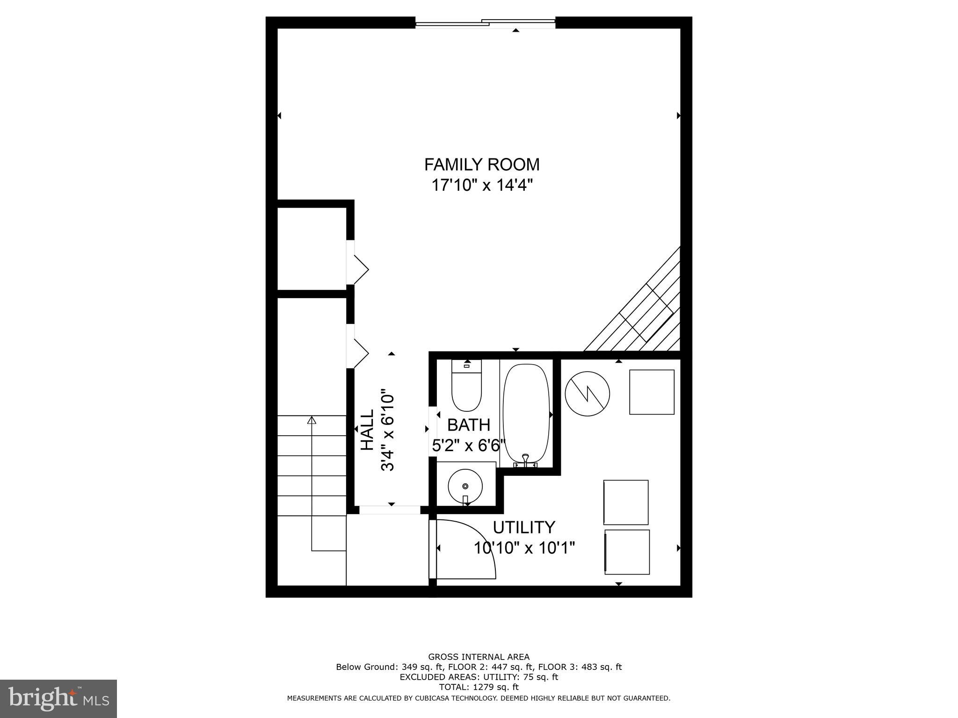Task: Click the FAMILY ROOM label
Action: tap(481, 165)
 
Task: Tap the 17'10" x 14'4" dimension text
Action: tap(481, 186)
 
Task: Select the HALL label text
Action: tap(368, 430)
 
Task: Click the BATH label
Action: tap(468, 425)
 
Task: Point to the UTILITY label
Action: tap(523, 527)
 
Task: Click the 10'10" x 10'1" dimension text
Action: tap(523, 547)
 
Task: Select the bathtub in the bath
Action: tap(526, 414)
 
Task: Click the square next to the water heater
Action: tap(651, 392)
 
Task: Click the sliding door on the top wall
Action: tap(485, 22)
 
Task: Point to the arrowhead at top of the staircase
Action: tap(312, 420)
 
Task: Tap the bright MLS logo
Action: tap(58, 698)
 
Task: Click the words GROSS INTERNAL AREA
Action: tap(479, 657)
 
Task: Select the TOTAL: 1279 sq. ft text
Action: tap(479, 687)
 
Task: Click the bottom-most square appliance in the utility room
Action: tap(627, 552)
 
